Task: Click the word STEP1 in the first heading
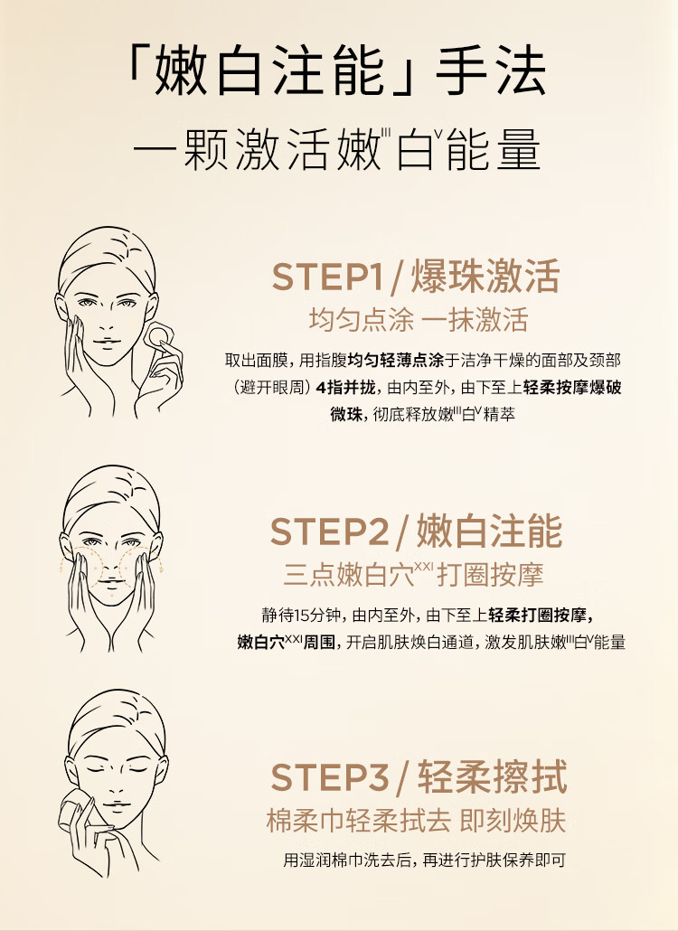tap(328, 277)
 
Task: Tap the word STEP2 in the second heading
tap(329, 531)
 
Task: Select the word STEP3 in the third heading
tap(330, 777)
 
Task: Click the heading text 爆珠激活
tap(485, 277)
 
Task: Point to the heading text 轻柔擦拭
tap(492, 776)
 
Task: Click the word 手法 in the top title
tap(490, 71)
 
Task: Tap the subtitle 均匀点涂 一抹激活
tap(418, 321)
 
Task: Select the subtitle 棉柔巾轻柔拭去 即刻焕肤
tap(416, 821)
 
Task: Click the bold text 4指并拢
tap(346, 388)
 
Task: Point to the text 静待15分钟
tap(302, 615)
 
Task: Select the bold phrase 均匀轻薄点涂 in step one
tap(396, 361)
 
